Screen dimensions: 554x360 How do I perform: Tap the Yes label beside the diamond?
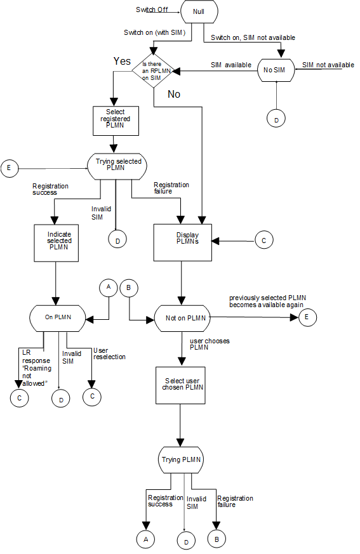(122, 61)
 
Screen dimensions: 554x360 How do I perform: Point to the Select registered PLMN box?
(116, 120)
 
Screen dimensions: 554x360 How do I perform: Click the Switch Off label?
(151, 10)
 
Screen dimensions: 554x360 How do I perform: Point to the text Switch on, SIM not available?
(253, 38)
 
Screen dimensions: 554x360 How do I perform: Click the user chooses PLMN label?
(210, 344)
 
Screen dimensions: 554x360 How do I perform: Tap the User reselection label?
(109, 353)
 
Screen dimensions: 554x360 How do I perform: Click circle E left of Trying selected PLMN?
(10, 168)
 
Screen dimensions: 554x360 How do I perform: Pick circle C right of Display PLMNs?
(263, 240)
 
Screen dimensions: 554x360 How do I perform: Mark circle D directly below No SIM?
(277, 118)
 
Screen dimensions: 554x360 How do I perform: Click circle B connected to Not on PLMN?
(129, 287)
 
